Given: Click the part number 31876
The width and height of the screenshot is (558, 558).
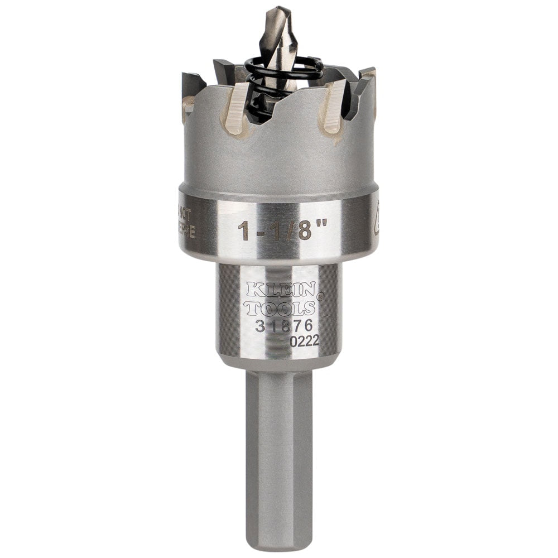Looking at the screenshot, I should (283, 326).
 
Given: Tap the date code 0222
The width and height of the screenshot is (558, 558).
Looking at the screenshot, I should (304, 341).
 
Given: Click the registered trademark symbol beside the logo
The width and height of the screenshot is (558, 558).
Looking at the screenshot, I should (320, 297).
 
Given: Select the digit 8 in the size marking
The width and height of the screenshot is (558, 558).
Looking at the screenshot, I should (304, 230).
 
